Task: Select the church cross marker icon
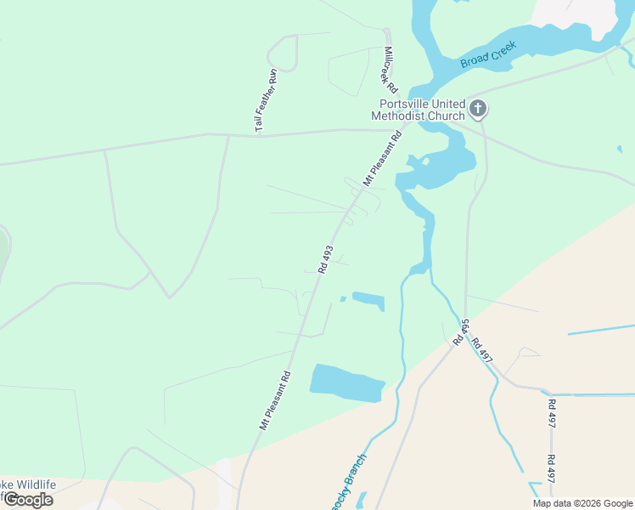click(479, 108)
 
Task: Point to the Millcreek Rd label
click(390, 70)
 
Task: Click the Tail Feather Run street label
click(266, 100)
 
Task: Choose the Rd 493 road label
click(325, 259)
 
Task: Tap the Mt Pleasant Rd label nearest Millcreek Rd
click(383, 158)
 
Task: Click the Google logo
click(27, 500)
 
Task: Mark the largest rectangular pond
click(347, 382)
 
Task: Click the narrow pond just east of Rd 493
click(368, 300)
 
